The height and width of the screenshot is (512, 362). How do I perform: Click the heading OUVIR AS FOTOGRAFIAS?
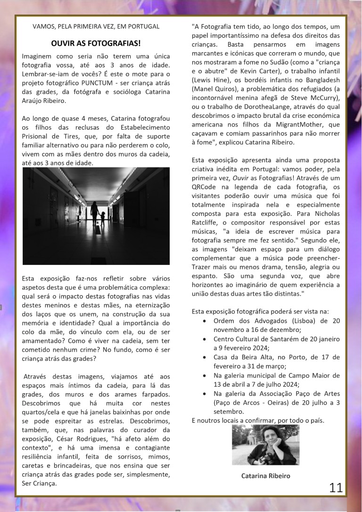[96, 43]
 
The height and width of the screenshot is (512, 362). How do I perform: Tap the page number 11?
[336, 487]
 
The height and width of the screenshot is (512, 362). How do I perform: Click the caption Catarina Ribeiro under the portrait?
[266, 476]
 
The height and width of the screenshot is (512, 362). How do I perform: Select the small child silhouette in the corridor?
[102, 218]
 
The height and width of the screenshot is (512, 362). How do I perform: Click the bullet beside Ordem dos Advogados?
[203, 321]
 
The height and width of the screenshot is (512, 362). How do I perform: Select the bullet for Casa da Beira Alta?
[203, 357]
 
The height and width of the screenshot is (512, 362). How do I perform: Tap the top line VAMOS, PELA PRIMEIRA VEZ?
[96, 26]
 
